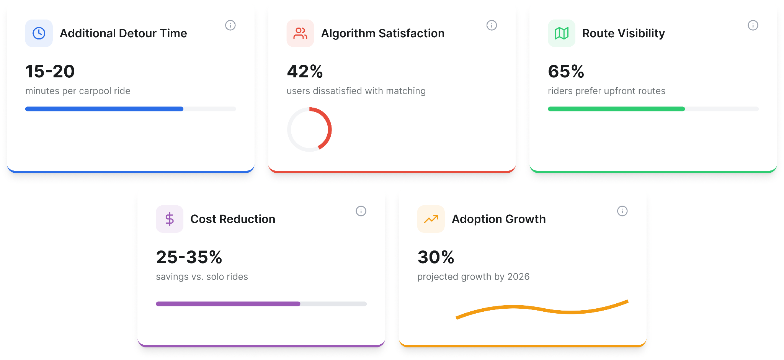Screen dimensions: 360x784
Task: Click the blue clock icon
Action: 39,33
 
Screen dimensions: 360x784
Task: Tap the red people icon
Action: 300,33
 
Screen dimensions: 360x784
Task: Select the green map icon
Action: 562,33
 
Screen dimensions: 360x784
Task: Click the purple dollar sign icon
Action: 170,219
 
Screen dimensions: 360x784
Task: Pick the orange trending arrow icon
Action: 431,219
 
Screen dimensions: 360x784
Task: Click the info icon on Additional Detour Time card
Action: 230,25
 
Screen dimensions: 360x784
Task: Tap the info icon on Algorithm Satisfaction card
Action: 492,25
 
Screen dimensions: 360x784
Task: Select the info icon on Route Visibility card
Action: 753,25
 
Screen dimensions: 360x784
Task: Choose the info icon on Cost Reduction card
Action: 361,211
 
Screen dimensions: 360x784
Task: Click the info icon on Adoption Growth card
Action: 622,211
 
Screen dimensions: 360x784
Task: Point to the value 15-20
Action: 50,72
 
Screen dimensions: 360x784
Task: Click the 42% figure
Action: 305,72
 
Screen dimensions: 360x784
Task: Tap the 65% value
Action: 566,72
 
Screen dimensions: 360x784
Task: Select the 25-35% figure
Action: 189,257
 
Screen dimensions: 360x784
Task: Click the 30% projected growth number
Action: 436,257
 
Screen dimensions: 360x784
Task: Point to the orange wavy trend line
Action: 542,309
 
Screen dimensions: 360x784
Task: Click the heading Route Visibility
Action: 624,33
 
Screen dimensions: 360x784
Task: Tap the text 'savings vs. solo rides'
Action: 202,277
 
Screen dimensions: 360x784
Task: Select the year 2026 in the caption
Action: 519,277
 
